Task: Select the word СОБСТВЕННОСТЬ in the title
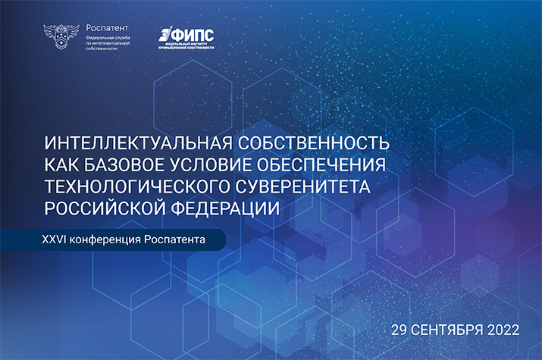click(x=315, y=144)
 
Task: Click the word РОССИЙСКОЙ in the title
click(x=105, y=205)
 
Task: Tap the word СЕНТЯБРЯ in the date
click(x=450, y=330)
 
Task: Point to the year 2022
click(x=503, y=330)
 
